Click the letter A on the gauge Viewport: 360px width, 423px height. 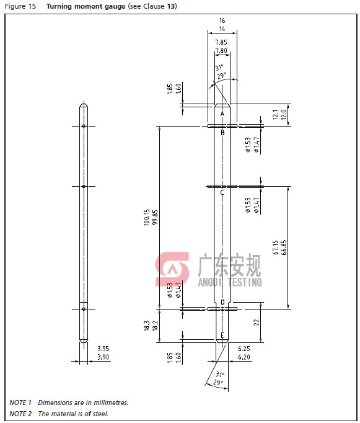222,114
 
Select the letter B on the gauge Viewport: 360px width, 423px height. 222,132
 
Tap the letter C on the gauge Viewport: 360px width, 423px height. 222,192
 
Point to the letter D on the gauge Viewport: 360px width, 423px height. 222,302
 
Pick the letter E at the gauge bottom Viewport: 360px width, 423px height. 222,336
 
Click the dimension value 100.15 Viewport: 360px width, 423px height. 147,218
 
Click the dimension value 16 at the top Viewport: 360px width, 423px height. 222,20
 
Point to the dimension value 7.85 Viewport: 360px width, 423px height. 221,42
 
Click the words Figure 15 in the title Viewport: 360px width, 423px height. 22,6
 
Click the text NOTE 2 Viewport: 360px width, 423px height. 20,414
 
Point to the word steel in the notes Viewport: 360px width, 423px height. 99,414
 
